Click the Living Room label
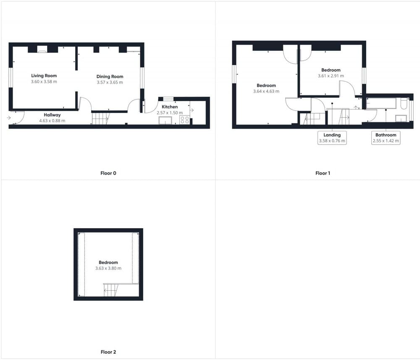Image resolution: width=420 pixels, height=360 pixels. click(x=44, y=76)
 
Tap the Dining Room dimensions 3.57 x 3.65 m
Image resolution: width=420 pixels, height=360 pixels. click(x=110, y=82)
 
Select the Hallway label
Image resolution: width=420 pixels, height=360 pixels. click(x=52, y=115)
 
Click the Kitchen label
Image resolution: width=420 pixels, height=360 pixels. click(x=170, y=107)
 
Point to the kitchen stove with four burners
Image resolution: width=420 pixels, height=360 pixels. click(x=184, y=120)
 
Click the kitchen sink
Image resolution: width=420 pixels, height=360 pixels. click(x=165, y=121)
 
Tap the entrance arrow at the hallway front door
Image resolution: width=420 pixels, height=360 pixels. click(x=9, y=118)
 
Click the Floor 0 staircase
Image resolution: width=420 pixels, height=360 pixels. click(x=101, y=118)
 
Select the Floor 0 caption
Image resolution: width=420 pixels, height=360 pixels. click(x=108, y=173)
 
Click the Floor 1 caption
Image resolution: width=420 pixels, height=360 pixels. click(x=323, y=173)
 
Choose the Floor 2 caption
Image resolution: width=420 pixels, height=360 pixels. click(x=108, y=352)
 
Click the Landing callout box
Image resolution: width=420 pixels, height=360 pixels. click(x=332, y=138)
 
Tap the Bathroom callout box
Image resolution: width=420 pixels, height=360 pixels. click(x=386, y=138)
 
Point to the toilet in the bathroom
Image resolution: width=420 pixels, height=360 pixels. click(x=404, y=103)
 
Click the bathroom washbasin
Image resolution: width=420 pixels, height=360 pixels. click(x=401, y=118)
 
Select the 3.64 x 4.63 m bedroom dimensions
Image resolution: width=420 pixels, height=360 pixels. click(x=266, y=91)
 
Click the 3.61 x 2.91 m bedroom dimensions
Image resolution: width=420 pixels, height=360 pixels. click(x=331, y=76)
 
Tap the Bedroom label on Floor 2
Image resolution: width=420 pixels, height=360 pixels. click(x=108, y=263)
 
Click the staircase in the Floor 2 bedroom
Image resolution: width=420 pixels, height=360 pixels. click(x=111, y=290)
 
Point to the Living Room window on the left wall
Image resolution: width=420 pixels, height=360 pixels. click(x=11, y=77)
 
